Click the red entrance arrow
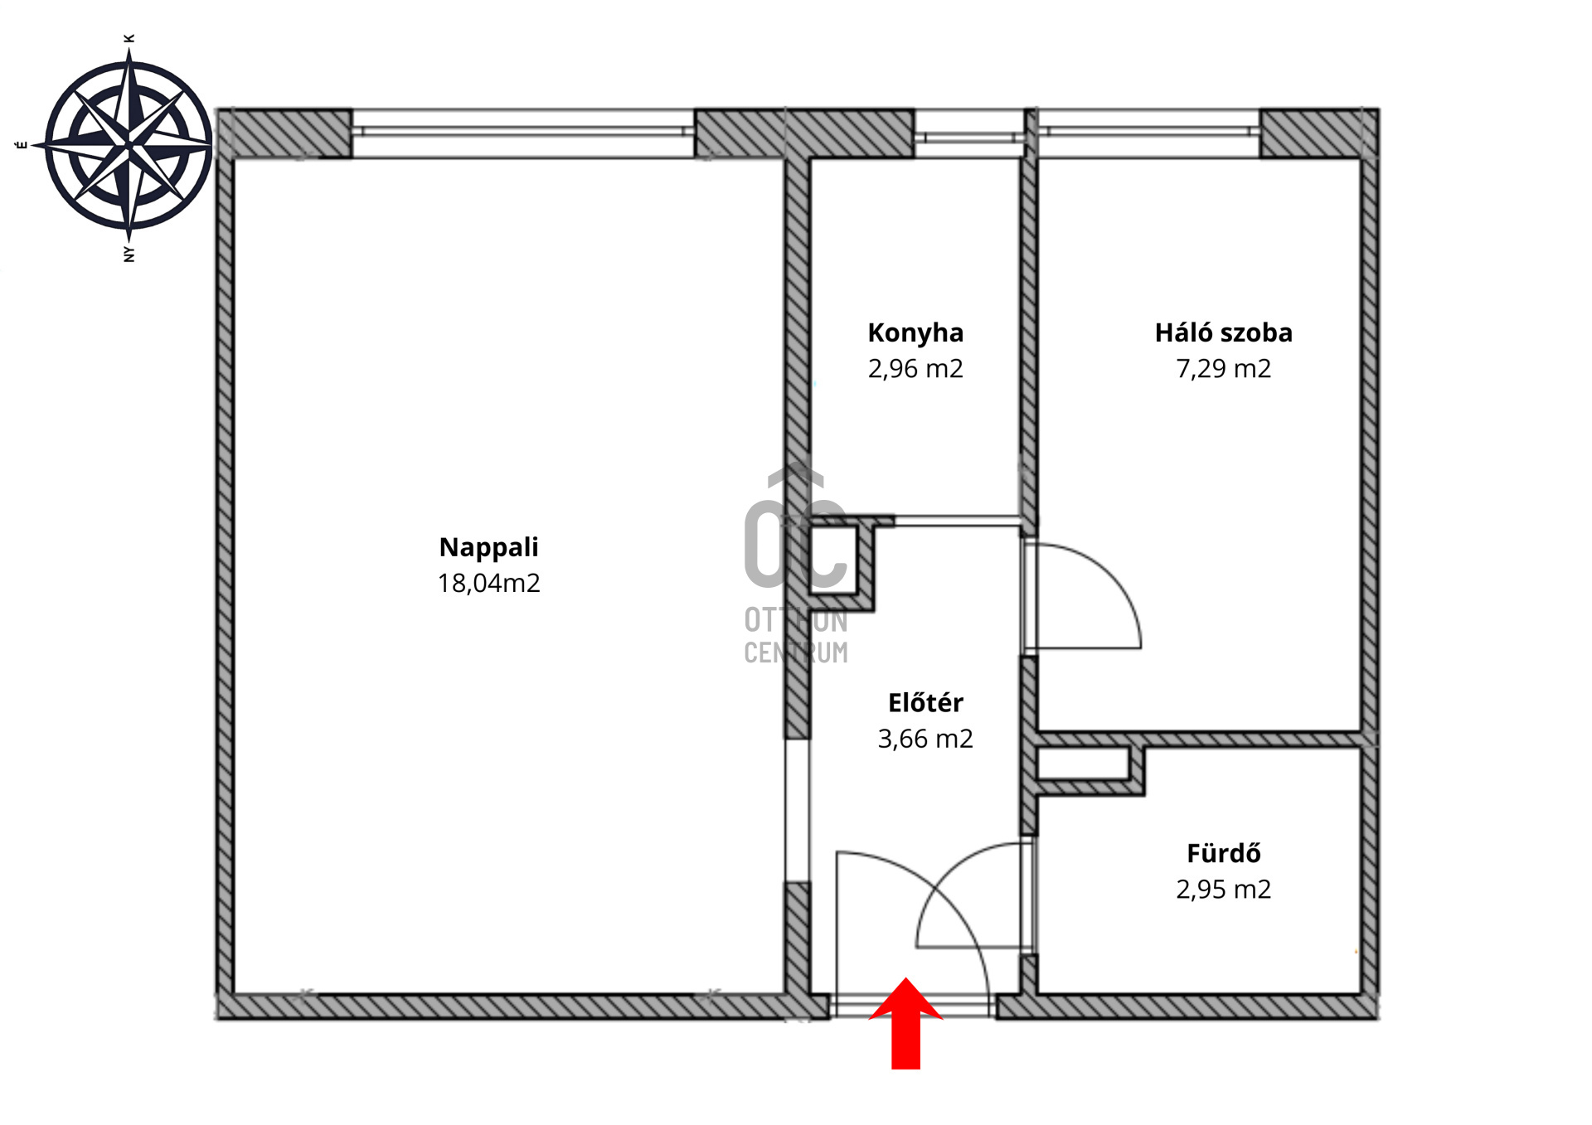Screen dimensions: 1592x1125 (905, 1023)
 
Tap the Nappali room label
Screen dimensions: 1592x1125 (488, 547)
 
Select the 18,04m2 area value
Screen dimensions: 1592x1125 (488, 583)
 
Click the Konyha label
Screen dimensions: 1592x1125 (915, 332)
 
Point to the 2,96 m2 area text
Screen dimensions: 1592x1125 (915, 368)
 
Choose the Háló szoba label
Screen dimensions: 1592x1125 (1223, 332)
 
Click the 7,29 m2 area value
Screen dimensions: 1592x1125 (1223, 368)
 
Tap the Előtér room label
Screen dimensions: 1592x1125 (925, 702)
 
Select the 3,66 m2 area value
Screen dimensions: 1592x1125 (925, 739)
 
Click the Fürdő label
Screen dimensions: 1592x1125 (1223, 852)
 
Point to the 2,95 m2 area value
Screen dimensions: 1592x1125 (1223, 889)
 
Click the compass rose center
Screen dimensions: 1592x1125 (129, 145)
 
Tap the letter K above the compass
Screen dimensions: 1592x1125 (129, 38)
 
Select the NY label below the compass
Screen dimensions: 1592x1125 (129, 254)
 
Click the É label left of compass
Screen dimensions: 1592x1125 (22, 145)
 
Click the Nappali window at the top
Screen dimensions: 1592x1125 (523, 133)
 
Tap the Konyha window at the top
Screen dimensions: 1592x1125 (968, 133)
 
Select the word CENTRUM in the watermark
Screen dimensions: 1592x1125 (796, 653)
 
